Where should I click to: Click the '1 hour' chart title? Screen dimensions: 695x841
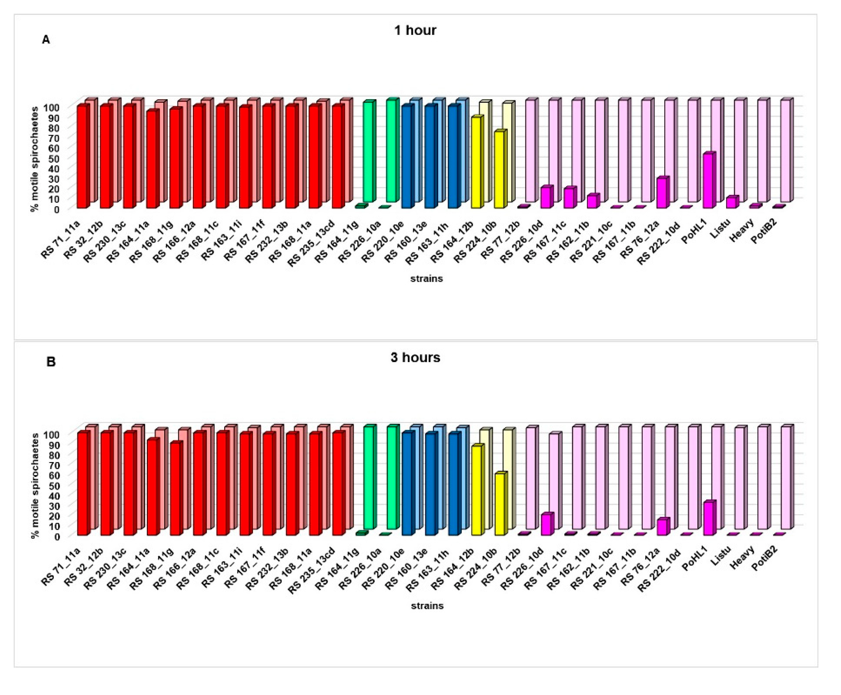click(415, 30)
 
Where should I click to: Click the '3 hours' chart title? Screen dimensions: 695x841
click(415, 357)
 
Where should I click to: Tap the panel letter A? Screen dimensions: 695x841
click(46, 40)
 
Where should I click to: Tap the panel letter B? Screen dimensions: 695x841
click(51, 362)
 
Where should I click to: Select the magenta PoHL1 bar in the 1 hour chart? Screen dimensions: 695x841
click(708, 181)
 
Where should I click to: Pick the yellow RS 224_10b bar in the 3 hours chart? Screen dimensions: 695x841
click(500, 504)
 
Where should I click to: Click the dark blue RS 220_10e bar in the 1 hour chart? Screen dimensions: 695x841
click(407, 157)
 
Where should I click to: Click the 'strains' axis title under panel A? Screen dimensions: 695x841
click(426, 279)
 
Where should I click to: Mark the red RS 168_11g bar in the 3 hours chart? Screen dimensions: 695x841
click(176, 489)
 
